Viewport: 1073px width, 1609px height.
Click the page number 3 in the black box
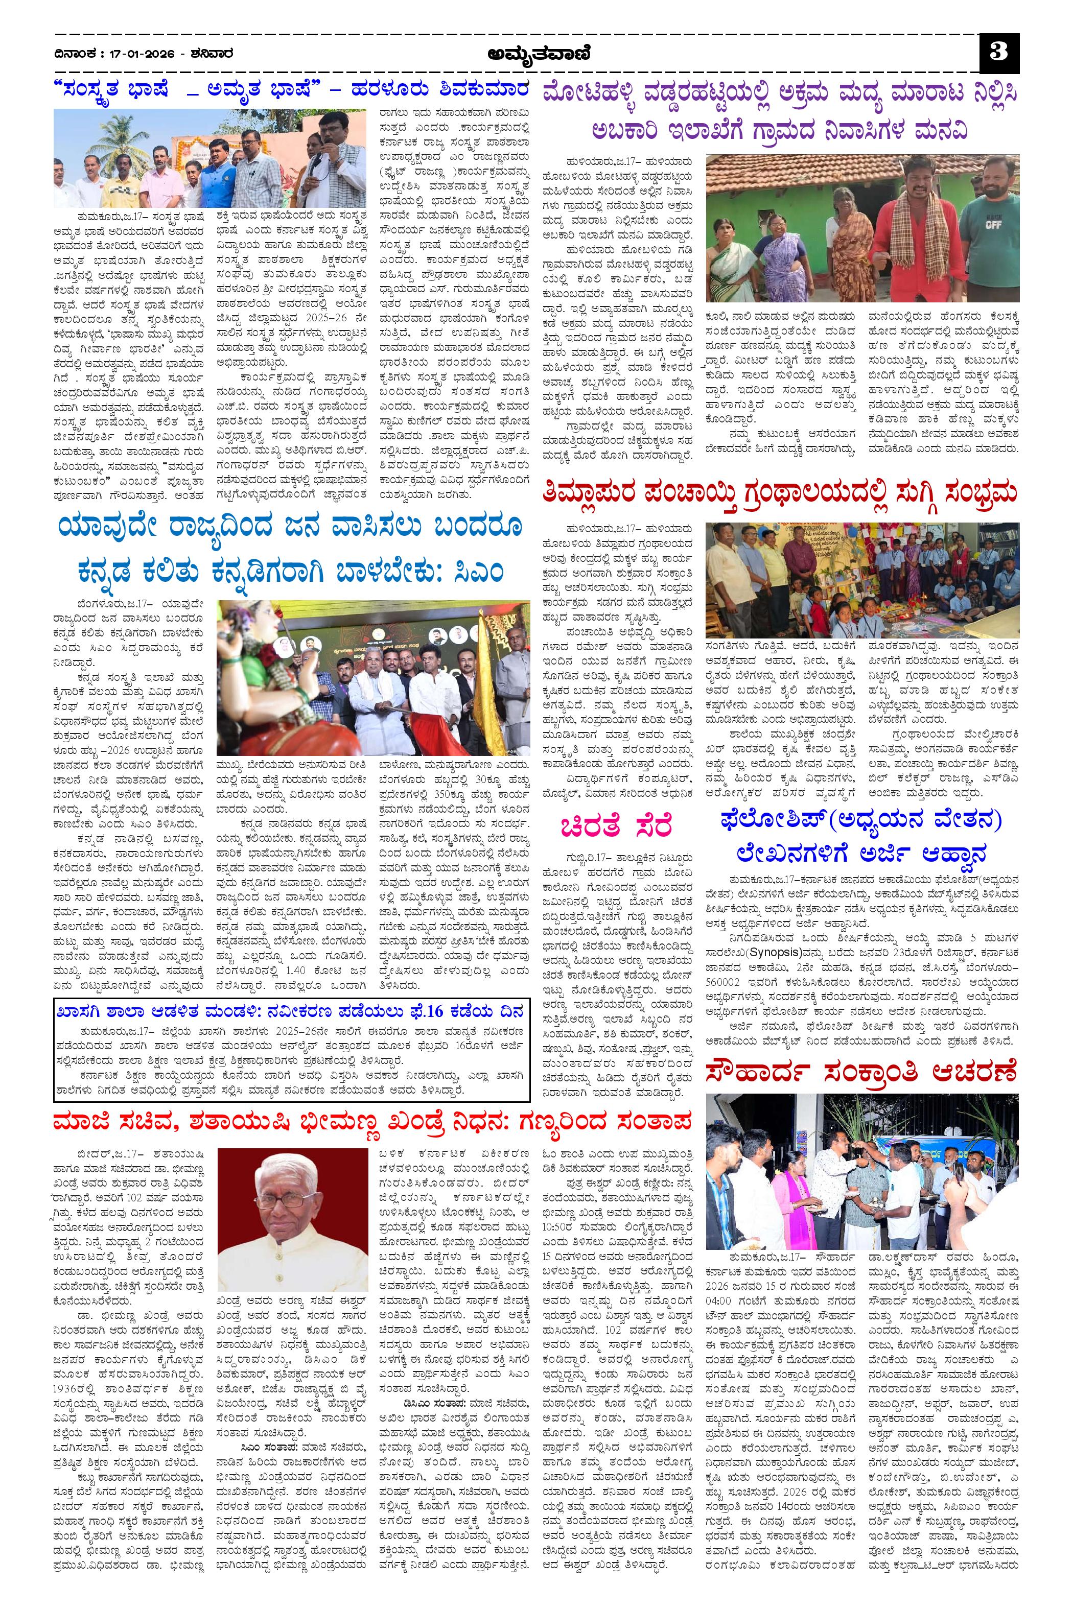click(999, 53)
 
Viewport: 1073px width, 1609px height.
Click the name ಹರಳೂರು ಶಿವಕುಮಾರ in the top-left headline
click(438, 91)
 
